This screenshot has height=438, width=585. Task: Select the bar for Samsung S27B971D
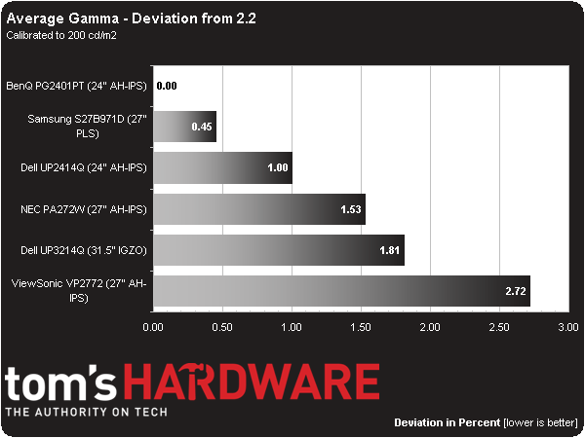point(184,128)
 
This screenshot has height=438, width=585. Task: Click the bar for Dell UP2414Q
point(222,167)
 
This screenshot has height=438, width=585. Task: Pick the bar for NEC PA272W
point(258,208)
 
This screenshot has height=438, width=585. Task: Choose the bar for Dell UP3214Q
point(278,249)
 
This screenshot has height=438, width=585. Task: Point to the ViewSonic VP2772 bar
point(341,290)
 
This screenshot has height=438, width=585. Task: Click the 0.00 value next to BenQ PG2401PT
point(167,87)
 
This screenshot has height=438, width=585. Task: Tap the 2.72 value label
point(514,291)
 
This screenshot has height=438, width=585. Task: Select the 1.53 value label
point(349,209)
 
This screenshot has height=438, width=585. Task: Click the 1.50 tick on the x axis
point(360,329)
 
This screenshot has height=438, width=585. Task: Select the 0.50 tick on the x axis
point(222,329)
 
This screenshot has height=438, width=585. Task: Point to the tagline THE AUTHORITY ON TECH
point(87,413)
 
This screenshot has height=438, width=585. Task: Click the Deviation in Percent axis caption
point(448,423)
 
